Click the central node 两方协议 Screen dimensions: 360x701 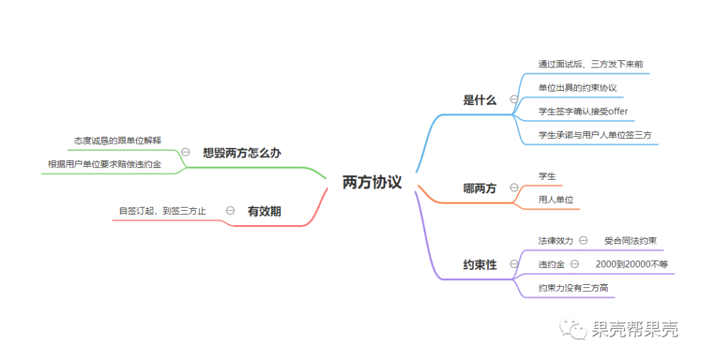(372, 182)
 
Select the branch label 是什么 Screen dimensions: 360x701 (480, 100)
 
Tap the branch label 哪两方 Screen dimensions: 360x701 (480, 188)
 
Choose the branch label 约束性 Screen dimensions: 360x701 (480, 265)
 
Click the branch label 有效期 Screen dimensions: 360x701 (264, 211)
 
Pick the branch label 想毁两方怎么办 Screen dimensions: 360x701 (241, 152)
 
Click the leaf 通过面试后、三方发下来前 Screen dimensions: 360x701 (590, 64)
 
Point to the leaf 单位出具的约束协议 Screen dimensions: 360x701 (577, 88)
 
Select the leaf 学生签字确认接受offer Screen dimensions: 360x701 (583, 111)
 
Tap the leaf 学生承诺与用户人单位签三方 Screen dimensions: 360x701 (595, 135)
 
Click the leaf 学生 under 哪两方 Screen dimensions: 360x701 (547, 176)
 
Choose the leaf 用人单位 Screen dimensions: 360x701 (556, 200)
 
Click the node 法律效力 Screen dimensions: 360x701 (556, 241)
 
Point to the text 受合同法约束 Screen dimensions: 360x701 (630, 241)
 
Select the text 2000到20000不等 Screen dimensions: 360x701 (632, 264)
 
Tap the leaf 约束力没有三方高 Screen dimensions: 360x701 (572, 287)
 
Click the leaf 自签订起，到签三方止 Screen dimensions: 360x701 (162, 211)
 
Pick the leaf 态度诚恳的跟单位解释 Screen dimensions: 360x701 (117, 140)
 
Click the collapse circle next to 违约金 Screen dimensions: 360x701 (574, 264)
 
